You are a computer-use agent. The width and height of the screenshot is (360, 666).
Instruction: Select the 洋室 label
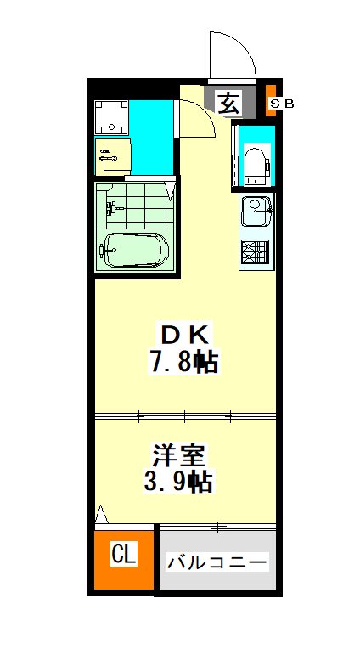178,455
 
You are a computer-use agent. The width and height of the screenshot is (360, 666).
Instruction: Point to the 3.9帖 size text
178,481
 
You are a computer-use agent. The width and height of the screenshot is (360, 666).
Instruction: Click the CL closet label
124,554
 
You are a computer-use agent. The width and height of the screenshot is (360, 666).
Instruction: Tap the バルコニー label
217,562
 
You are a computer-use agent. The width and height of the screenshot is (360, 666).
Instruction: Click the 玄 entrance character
229,103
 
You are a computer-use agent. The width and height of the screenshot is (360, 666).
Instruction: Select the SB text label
282,103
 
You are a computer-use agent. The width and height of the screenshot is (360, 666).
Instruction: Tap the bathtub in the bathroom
135,250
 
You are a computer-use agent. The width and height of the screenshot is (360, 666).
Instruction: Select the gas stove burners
255,251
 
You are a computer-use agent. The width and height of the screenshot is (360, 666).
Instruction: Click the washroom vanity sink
112,155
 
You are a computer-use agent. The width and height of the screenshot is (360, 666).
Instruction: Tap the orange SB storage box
270,100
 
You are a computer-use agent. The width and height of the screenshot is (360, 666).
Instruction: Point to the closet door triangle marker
102,514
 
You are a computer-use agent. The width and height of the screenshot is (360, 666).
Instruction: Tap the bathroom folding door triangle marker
171,191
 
